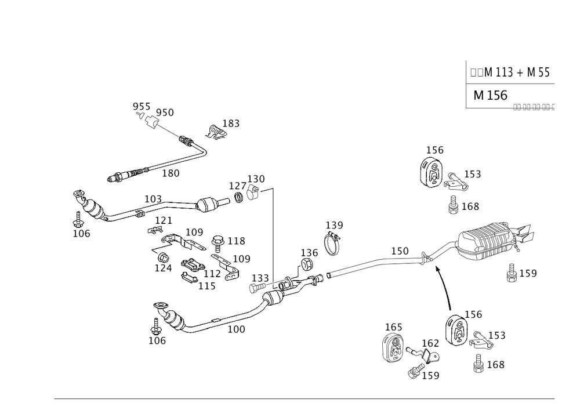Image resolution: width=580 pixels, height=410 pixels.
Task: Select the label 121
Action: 164,220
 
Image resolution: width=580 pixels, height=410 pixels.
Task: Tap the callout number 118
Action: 237,241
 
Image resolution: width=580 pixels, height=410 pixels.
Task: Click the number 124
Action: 163,267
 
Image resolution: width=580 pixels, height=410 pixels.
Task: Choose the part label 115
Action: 207,285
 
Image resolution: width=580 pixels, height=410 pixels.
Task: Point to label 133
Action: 260,278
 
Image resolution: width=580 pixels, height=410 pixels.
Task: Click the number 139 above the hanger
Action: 335,225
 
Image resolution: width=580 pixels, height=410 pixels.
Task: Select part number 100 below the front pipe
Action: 236,329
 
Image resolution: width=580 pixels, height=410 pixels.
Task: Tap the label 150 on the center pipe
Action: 400,251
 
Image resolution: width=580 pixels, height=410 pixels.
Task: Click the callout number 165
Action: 394,328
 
